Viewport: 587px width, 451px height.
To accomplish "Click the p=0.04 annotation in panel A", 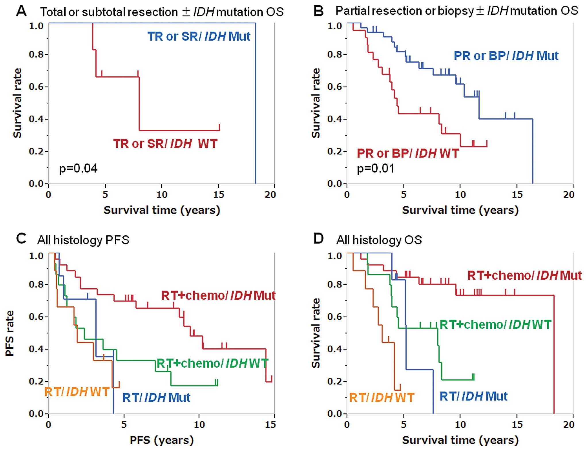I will coord(78,168).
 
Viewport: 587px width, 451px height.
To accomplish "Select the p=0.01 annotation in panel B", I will coord(376,168).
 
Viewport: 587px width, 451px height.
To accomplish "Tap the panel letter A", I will coord(22,11).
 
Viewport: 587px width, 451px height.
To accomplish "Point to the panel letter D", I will coord(319,239).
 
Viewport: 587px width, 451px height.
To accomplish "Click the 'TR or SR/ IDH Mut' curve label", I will coord(199,37).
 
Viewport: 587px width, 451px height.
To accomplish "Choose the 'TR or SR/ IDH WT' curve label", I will coord(165,144).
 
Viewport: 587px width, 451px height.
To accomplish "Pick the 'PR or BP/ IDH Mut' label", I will coord(506,56).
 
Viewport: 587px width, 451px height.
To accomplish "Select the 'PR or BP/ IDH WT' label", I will coord(407,153).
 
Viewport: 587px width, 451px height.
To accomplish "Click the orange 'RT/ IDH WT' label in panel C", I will coord(77,392).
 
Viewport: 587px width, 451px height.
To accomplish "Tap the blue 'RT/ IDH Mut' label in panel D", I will coord(473,396).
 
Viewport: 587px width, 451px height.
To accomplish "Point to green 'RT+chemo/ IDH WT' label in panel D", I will coord(495,325).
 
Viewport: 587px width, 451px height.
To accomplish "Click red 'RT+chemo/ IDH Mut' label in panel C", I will coord(218,295).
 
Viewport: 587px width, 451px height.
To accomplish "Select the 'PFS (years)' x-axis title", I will coord(162,440).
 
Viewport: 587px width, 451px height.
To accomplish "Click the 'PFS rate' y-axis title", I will coord(10,333).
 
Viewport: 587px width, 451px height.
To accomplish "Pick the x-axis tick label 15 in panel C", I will coord(270,425).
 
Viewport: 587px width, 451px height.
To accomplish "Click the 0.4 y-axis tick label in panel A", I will coord(36,119).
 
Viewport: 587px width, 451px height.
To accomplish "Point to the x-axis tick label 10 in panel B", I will coord(460,195).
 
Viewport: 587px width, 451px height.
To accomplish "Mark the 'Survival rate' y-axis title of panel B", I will coord(316,103).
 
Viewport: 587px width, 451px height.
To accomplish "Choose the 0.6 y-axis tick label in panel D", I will coord(335,317).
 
